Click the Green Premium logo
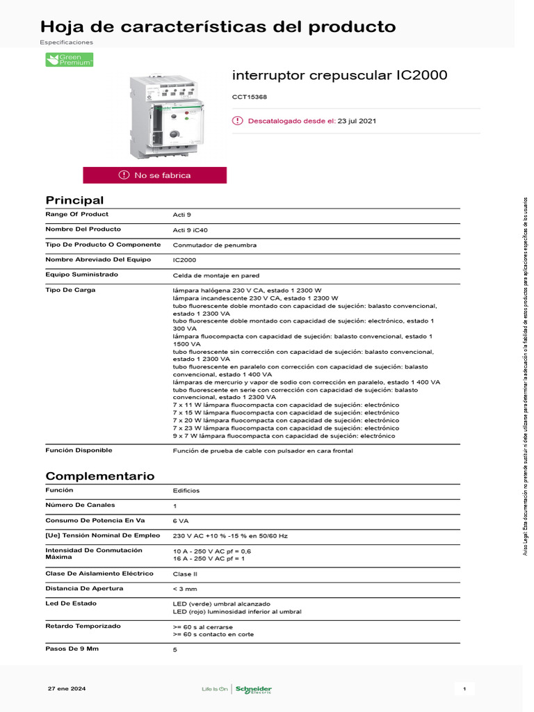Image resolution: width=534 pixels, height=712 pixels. click(x=69, y=60)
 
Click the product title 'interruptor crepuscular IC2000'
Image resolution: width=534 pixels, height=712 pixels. click(x=339, y=75)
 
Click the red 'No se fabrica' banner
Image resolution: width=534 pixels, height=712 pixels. click(x=154, y=175)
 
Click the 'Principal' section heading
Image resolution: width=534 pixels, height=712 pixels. click(x=74, y=200)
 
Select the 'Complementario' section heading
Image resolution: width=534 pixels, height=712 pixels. click(x=99, y=476)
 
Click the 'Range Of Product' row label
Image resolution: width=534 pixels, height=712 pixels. click(x=76, y=214)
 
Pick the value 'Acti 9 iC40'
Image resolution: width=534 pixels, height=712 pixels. click(x=191, y=230)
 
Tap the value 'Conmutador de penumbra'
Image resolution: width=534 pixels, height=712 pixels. click(x=214, y=245)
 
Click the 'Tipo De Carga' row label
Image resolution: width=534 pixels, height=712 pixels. click(x=70, y=289)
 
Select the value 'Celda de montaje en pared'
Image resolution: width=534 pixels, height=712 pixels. click(x=216, y=275)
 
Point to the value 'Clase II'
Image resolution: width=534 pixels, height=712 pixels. click(x=184, y=574)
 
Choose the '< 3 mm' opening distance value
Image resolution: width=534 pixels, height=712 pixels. click(x=184, y=589)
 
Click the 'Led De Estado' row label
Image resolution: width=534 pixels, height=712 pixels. click(x=71, y=603)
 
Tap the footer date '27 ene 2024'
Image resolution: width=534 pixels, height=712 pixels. click(x=67, y=688)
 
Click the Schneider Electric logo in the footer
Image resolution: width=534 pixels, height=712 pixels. click(x=252, y=689)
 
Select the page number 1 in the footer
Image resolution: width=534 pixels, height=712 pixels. click(x=464, y=688)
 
